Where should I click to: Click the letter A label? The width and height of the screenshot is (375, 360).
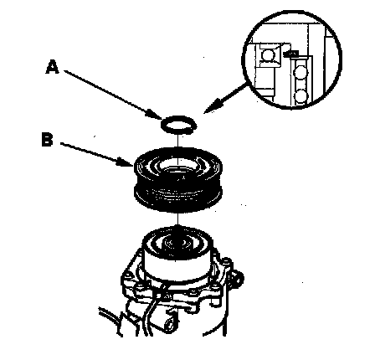pyautogui.click(x=53, y=67)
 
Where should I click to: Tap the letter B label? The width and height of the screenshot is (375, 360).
pyautogui.click(x=47, y=139)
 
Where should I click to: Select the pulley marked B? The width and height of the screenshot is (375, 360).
pyautogui.click(x=178, y=179)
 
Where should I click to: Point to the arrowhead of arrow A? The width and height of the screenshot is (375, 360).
pyautogui.click(x=157, y=115)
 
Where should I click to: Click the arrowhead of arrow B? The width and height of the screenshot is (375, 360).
pyautogui.click(x=126, y=162)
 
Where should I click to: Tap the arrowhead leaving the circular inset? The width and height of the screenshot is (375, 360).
pyautogui.click(x=211, y=108)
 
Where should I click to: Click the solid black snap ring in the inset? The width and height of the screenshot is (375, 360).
pyautogui.click(x=290, y=54)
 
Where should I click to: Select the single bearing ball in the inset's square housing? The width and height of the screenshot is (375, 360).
pyautogui.click(x=268, y=54)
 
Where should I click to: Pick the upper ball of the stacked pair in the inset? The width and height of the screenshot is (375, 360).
pyautogui.click(x=301, y=70)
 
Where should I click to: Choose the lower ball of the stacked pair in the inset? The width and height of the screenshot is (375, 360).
pyautogui.click(x=301, y=96)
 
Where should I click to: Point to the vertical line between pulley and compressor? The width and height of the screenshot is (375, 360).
pyautogui.click(x=177, y=220)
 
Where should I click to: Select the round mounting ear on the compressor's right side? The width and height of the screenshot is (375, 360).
pyautogui.click(x=237, y=279)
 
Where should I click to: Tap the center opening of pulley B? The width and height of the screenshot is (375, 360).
pyautogui.click(x=178, y=169)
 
